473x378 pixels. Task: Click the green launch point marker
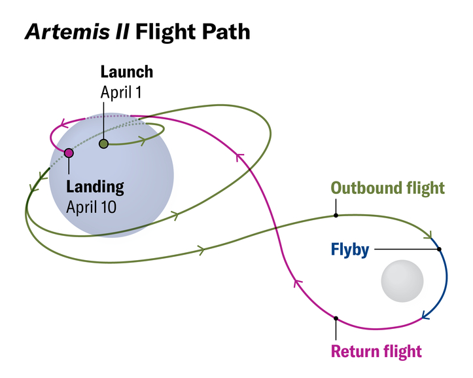coord(103,143)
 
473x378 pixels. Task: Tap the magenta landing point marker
coord(69,153)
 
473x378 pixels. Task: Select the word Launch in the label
coord(127,71)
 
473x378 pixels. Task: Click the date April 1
coord(121,92)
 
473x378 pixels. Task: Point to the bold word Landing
coord(96,187)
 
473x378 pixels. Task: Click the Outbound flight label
coord(387,188)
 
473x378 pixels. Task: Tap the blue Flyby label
coord(350,250)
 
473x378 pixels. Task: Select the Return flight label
coord(376,350)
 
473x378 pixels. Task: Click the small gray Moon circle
coord(402,282)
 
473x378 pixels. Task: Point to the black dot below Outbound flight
coord(336,215)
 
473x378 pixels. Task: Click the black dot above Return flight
coord(336,318)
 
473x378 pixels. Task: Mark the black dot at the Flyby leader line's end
coord(440,249)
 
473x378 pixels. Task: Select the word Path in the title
coord(224,32)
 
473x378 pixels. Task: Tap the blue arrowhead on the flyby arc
coord(425,315)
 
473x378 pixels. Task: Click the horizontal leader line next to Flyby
coord(406,249)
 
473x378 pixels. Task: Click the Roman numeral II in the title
coord(118,32)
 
